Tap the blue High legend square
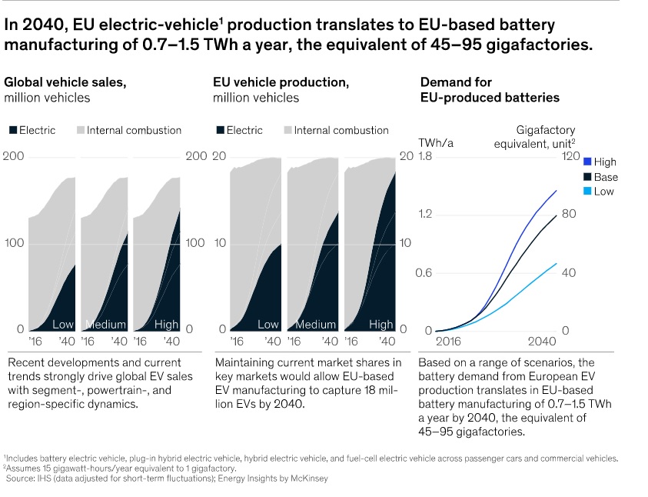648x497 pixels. pos(587,162)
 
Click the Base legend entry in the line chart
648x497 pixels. pos(606,177)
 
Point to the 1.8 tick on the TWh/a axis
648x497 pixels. pos(425,157)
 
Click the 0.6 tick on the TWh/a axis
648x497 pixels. pos(425,272)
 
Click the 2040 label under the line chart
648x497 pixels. pos(543,341)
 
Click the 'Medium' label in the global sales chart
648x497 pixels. pos(105,324)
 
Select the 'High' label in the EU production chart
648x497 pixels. pos(380,324)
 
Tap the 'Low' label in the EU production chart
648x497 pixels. pos(268,324)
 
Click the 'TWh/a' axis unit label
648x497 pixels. pos(434,143)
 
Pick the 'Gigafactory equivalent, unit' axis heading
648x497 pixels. pos(545,137)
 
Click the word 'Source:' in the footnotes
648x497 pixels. pos(21,479)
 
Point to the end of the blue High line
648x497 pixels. pos(557,190)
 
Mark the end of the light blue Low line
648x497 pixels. pos(557,263)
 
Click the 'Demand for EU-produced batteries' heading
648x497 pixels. pos(490,90)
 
